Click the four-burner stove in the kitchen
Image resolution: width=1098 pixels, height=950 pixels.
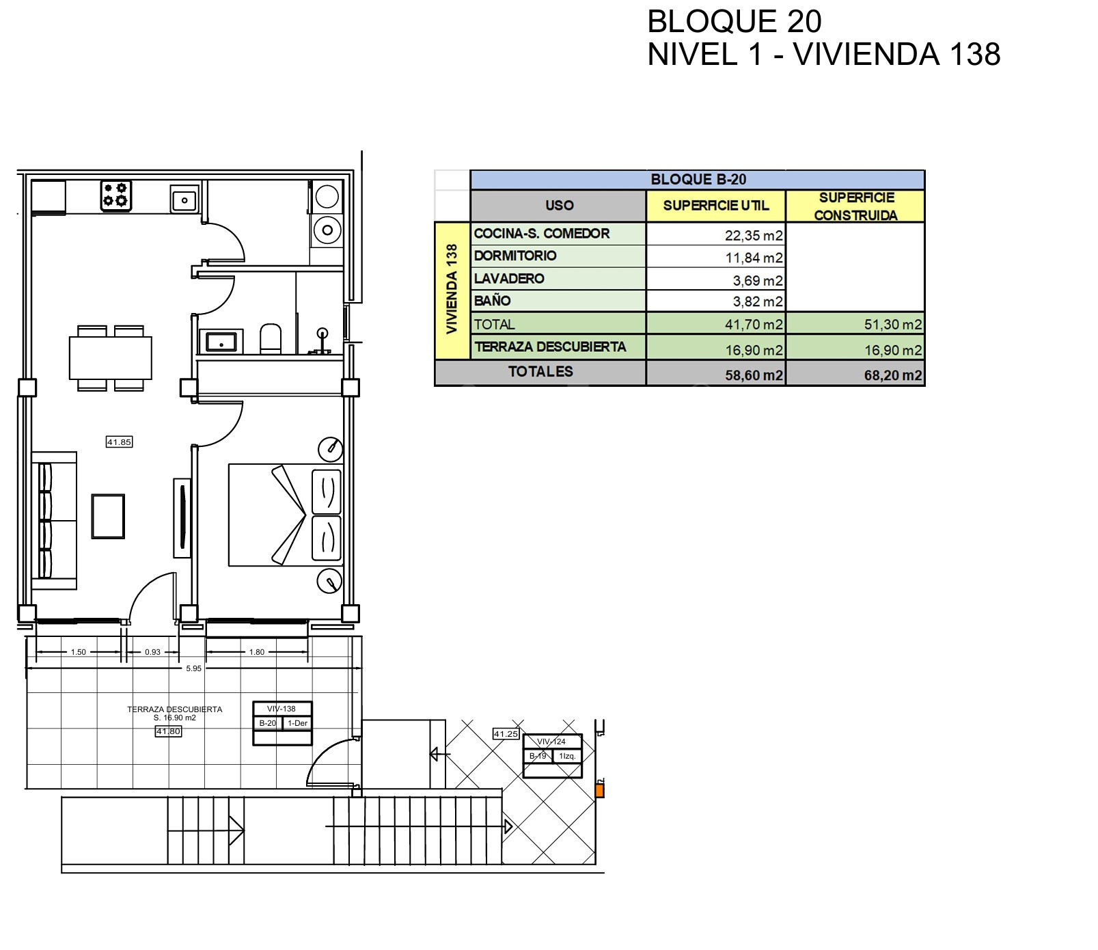(116, 195)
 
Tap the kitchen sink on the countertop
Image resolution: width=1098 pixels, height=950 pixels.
(184, 200)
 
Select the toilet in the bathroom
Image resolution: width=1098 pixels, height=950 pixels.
(271, 338)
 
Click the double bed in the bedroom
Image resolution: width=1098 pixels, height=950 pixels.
(286, 515)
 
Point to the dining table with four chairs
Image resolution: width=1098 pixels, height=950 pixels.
(111, 357)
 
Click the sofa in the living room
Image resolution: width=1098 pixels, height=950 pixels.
(54, 520)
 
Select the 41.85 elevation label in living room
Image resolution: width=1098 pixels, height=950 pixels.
(119, 442)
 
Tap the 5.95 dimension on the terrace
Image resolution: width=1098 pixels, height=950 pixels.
(194, 668)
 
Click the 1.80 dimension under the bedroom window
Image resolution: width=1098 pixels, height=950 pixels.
(256, 652)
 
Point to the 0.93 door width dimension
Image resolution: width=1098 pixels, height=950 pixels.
(152, 652)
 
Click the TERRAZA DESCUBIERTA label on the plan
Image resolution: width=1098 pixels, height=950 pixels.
(174, 709)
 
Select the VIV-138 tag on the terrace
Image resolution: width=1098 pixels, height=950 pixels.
(282, 709)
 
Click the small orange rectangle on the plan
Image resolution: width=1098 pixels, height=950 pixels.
(599, 791)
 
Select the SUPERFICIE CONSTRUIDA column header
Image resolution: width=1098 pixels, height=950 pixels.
(855, 206)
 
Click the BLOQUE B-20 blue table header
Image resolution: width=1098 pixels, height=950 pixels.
(698, 180)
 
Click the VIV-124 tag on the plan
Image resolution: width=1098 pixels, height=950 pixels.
(551, 742)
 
